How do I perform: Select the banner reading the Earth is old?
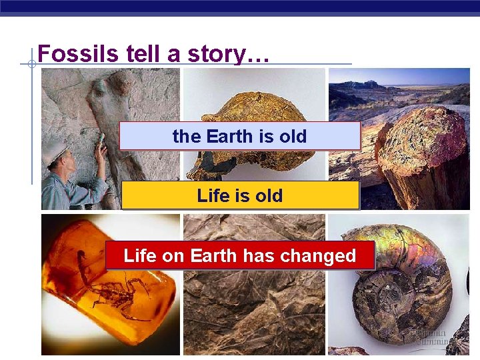240,136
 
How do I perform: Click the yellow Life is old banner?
240,196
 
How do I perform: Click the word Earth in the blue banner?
231,136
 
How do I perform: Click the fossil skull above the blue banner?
253,107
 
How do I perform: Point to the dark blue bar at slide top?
240,7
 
